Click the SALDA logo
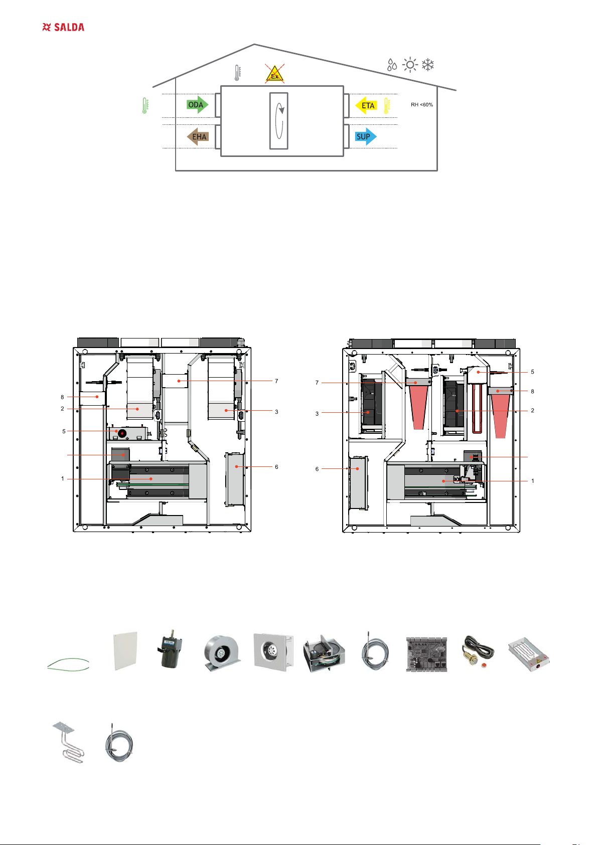(63, 27)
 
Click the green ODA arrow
(197, 105)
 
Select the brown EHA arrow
(198, 136)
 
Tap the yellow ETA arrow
(366, 106)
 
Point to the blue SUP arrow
(366, 136)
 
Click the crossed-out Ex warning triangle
(274, 74)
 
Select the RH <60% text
(422, 104)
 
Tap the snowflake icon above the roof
(428, 65)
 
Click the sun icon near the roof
(410, 65)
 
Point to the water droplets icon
(392, 65)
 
